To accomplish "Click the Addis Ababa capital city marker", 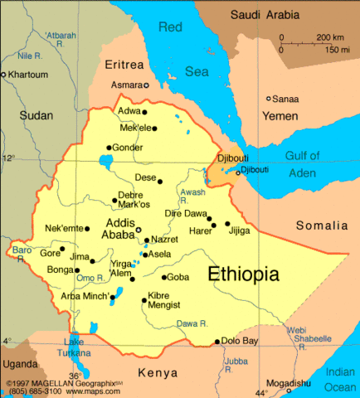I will (x=139, y=230).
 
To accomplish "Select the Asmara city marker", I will (x=147, y=85).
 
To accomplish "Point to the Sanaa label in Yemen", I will (x=285, y=98).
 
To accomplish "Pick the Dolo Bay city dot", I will (x=217, y=341).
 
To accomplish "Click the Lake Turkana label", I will (x=74, y=347).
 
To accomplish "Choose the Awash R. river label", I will (x=192, y=197).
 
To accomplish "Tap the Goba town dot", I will (x=164, y=277).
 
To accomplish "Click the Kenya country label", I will (x=158, y=371).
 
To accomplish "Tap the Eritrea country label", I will (x=124, y=64).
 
